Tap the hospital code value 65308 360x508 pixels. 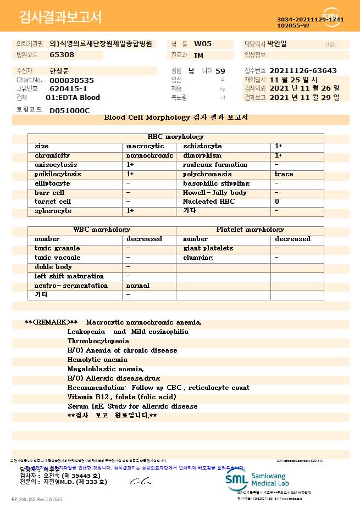point(62,55)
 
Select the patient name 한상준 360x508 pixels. point(60,71)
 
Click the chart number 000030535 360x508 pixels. point(71,80)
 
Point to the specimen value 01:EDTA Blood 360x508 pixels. point(73,97)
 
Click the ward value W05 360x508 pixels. point(203,44)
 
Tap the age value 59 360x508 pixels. point(220,71)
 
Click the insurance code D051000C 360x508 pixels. point(69,110)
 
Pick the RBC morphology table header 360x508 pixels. point(176,137)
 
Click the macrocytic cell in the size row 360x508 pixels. point(145,146)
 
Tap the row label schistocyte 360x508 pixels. point(202,146)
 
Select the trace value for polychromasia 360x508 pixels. point(284,174)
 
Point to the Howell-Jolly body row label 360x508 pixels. point(215,193)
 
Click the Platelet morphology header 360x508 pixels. point(250,230)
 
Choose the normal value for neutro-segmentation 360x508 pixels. point(138,286)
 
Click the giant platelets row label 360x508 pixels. point(208,248)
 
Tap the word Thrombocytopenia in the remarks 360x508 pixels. point(98,341)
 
